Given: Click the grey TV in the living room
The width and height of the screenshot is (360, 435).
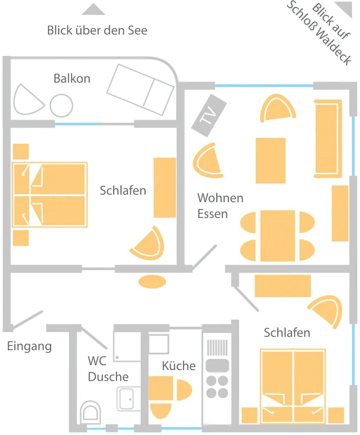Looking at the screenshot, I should coord(209,115).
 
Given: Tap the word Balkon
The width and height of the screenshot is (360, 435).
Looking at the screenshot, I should coord(72,79).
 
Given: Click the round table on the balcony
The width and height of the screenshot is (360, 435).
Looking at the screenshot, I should coord(61,106).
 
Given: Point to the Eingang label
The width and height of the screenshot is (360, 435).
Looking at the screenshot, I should coord(29,347).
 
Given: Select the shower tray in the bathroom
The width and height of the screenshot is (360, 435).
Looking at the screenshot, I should coord(127,347).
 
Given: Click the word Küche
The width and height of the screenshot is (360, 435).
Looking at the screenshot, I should coord(178,366).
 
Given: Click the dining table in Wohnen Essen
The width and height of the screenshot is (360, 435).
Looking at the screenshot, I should coord(277,236).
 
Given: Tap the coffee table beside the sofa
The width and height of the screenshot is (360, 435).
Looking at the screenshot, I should coord(270,161).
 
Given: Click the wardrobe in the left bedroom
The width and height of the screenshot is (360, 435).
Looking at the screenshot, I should coord(165,187).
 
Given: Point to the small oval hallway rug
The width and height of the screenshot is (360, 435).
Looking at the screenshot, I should coord(152,281).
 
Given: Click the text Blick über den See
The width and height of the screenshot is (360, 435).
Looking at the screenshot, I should coord(97,30).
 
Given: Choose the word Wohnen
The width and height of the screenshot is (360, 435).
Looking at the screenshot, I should coord(220,198).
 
